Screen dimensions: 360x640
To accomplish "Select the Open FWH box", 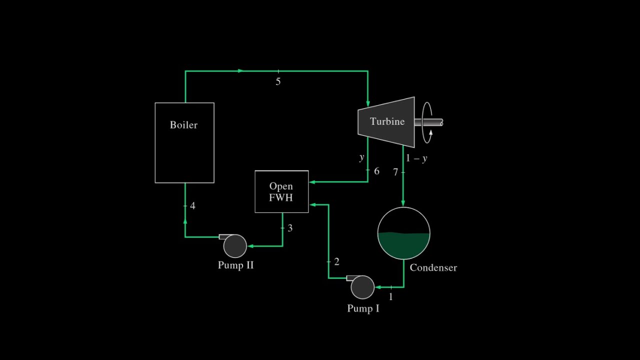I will [x=281, y=192].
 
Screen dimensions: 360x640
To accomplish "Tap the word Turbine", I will [x=387, y=121].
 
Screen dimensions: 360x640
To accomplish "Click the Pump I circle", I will [x=362, y=287].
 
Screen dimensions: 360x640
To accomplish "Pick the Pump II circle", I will [x=234, y=245].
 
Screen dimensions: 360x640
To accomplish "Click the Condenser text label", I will [x=433, y=267].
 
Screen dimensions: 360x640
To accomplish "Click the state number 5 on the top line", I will [x=278, y=81].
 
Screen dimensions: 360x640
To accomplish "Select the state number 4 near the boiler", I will [x=192, y=206].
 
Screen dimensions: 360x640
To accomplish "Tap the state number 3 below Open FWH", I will [x=290, y=228].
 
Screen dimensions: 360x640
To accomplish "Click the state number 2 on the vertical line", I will [x=336, y=261].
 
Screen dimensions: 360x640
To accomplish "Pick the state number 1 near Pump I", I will [x=391, y=297].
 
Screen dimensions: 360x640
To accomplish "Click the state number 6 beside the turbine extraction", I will [x=376, y=171].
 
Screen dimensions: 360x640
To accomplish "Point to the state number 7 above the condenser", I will [x=395, y=172].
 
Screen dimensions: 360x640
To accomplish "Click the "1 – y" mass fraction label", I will [x=416, y=158].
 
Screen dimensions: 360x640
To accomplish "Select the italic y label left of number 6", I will [x=361, y=158].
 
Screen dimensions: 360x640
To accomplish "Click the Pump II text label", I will [x=235, y=265].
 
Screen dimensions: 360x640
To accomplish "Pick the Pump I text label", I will [x=363, y=308].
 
